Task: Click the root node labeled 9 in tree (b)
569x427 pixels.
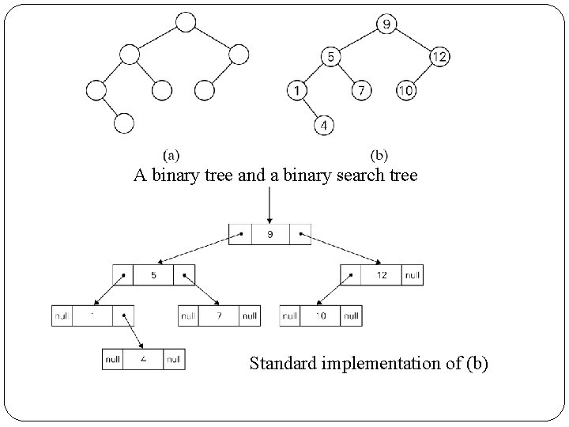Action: [x=386, y=24]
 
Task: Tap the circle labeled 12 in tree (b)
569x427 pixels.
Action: [x=440, y=57]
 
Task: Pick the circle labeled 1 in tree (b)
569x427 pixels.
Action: [x=297, y=90]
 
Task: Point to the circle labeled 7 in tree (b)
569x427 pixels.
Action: [x=360, y=90]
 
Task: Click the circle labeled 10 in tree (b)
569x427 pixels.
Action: [x=405, y=90]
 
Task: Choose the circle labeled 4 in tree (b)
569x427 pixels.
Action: [x=324, y=124]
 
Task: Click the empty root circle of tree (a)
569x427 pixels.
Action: [x=185, y=22]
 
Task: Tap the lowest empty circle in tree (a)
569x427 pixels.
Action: [x=123, y=124]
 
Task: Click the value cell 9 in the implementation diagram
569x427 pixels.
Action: [x=269, y=234]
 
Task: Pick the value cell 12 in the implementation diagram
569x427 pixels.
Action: [x=381, y=275]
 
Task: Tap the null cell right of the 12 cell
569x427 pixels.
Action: [x=412, y=275]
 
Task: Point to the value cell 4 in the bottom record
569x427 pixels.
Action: [x=143, y=359]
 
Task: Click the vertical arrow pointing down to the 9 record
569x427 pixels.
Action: [x=270, y=207]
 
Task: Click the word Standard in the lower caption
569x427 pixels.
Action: [x=280, y=365]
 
